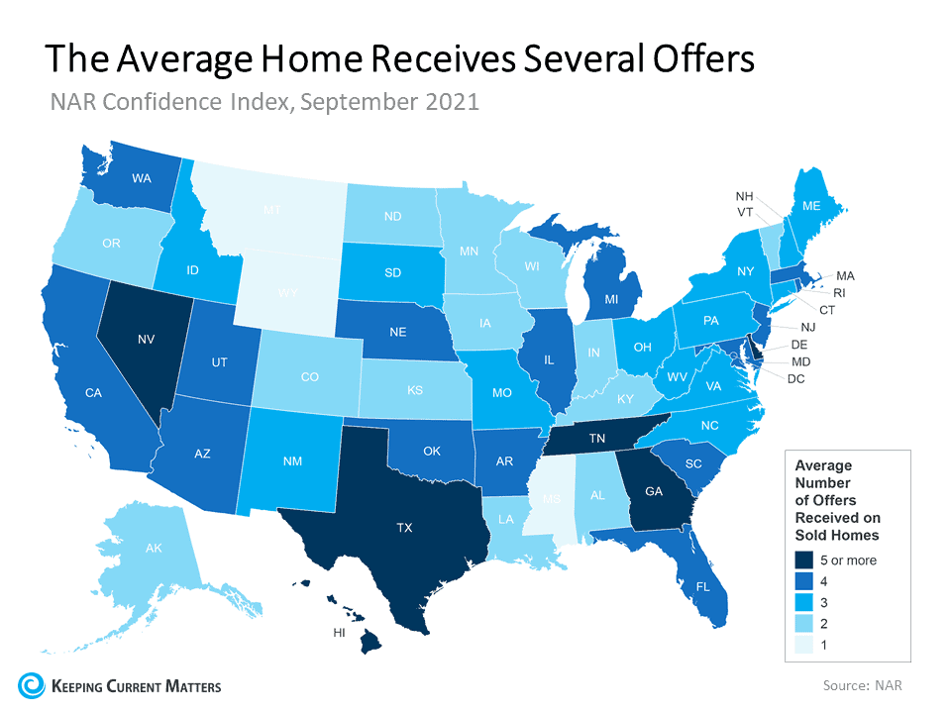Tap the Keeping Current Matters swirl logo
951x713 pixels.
click(30, 684)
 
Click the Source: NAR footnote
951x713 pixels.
click(862, 684)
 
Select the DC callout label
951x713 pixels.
click(795, 379)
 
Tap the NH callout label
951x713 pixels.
click(744, 196)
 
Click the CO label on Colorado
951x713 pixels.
click(310, 377)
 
